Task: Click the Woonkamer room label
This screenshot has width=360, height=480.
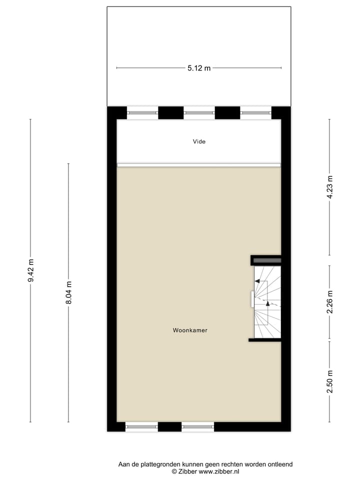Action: click(190, 330)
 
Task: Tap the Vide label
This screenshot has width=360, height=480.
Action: click(199, 141)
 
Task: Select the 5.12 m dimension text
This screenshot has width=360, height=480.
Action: click(199, 68)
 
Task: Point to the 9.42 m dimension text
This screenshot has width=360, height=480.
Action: click(30, 271)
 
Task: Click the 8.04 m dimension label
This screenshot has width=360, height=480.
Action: click(68, 293)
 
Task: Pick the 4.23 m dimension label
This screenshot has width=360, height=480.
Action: click(329, 187)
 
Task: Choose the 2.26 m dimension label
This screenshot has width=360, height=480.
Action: click(329, 303)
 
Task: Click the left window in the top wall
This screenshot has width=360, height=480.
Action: click(142, 113)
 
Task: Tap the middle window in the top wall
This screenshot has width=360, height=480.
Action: click(199, 113)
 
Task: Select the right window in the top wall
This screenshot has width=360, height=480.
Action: click(255, 113)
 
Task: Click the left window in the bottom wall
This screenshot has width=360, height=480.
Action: click(141, 427)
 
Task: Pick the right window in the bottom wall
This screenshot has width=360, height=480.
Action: click(198, 427)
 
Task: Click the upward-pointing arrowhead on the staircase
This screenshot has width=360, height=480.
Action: click(267, 303)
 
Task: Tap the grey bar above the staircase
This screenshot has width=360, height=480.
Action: click(267, 260)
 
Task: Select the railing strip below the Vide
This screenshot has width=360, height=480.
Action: click(199, 164)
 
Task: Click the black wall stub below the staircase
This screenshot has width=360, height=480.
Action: click(264, 340)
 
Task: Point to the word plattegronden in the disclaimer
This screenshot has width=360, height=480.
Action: click(163, 464)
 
